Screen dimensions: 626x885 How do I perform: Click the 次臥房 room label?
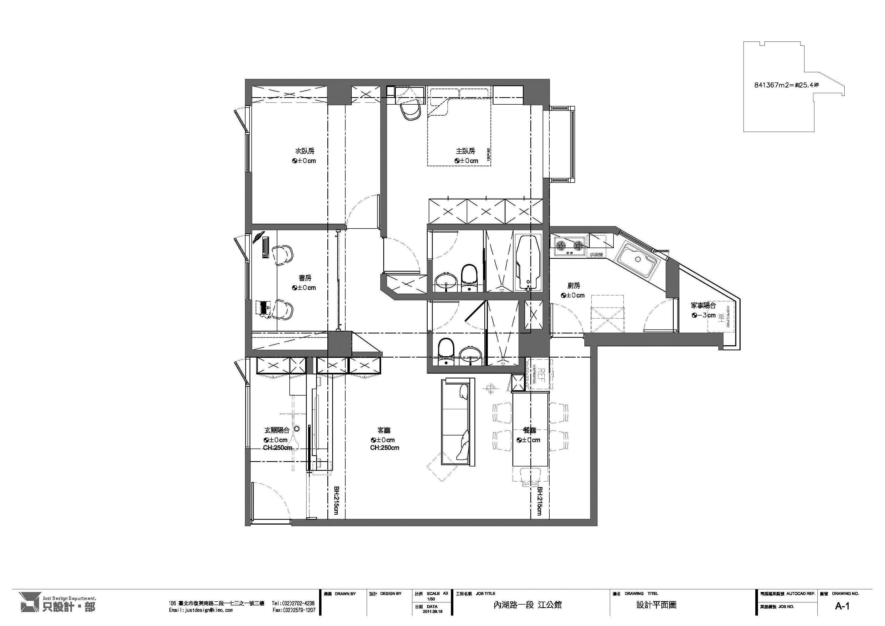pos(305,151)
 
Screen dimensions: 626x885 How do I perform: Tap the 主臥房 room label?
pos(465,151)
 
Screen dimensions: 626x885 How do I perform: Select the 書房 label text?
pos(305,278)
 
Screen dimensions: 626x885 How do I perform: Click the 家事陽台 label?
pos(703,305)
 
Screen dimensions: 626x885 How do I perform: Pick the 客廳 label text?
pos(384,430)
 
